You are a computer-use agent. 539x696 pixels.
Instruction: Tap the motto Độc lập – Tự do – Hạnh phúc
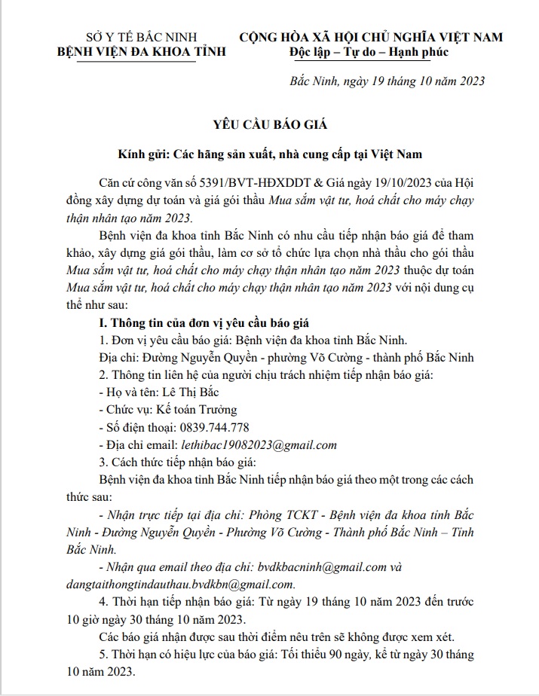369,52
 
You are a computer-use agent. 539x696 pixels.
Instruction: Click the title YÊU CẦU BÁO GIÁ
269,124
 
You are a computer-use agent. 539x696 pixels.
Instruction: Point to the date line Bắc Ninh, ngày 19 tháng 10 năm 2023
387,81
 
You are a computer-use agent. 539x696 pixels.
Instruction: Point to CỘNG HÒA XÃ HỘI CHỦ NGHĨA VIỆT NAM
371,37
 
